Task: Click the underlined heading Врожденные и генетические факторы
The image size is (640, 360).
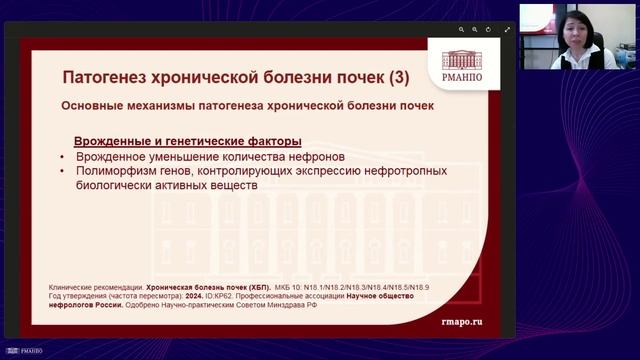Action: (188, 141)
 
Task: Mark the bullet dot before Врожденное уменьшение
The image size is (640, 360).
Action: (63, 157)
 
